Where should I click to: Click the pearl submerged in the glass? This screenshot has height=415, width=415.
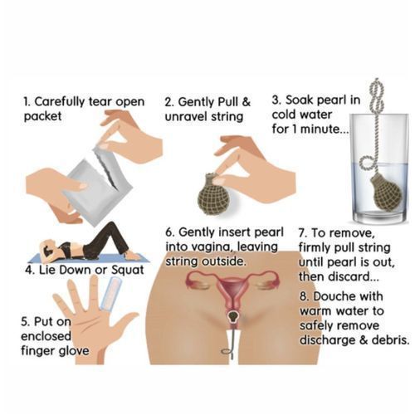tap(386, 191)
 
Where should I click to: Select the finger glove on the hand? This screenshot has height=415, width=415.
tap(110, 294)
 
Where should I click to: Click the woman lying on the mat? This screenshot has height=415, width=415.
tap(85, 243)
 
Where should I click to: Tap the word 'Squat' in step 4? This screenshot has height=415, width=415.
tap(127, 271)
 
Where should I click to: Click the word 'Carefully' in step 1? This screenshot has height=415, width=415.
tap(60, 102)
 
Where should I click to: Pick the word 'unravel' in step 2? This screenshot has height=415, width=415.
tap(186, 116)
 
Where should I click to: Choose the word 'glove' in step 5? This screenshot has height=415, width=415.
tap(74, 351)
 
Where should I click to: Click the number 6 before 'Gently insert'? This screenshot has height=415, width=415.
tap(168, 232)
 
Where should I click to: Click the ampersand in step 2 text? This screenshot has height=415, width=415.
tap(247, 102)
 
